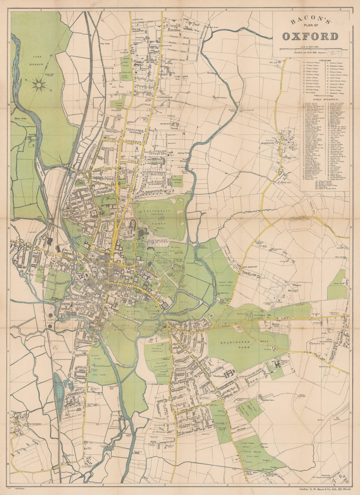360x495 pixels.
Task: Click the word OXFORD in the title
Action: [x=310, y=37]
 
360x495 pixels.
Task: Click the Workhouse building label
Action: [x=219, y=377]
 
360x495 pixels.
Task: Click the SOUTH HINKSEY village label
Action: [x=23, y=424]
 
